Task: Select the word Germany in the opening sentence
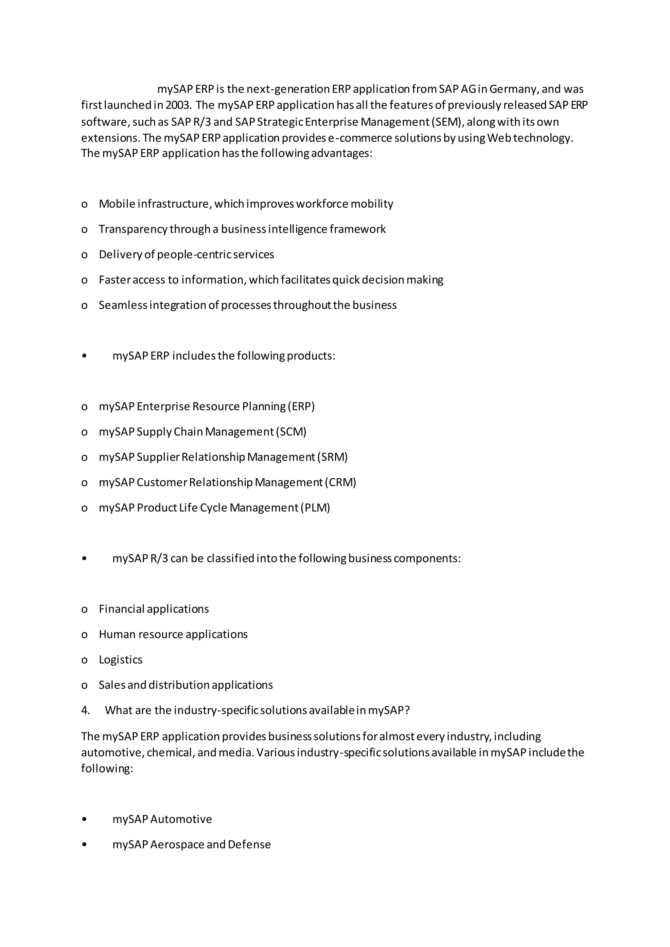click(x=513, y=89)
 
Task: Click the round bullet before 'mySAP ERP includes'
click(x=85, y=356)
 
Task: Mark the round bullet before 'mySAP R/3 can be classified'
click(x=85, y=559)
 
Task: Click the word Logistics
click(x=120, y=660)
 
